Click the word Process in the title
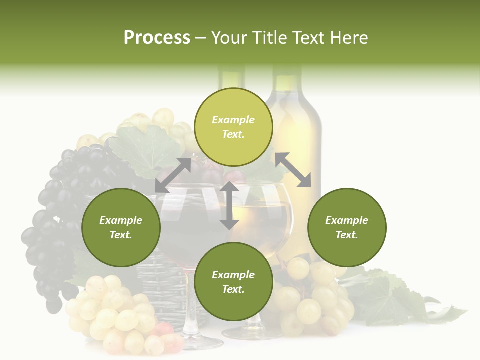(x=157, y=38)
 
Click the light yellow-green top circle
(x=233, y=127)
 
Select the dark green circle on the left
(x=121, y=227)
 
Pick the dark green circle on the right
(x=347, y=227)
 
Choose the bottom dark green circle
(x=233, y=282)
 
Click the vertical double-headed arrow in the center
(x=229, y=205)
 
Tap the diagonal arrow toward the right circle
(x=293, y=170)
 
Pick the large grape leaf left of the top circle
(x=145, y=150)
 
